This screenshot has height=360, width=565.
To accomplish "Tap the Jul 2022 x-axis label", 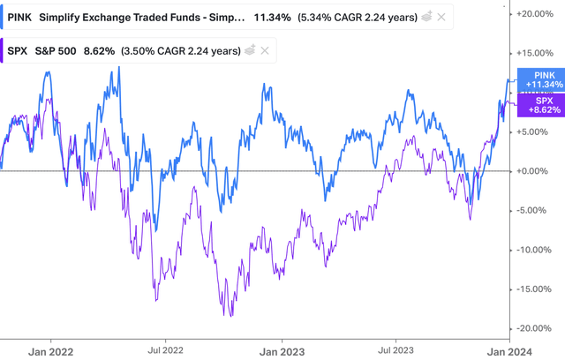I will click(x=165, y=349).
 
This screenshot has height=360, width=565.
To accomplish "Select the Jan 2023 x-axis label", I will click(x=282, y=349).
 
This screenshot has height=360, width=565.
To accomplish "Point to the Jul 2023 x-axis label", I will click(x=396, y=349).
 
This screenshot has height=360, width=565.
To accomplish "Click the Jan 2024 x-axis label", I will click(x=511, y=349).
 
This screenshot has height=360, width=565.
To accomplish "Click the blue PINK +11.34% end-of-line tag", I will click(x=539, y=80).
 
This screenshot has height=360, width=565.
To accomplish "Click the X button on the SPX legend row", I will click(x=263, y=52).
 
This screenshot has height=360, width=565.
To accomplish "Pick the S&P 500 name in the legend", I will click(x=68, y=52).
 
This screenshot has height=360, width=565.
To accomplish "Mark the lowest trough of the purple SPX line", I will click(x=230, y=315).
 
